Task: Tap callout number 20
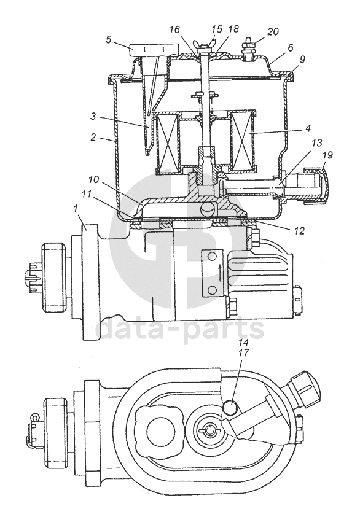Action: pos(273,32)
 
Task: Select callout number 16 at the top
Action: pos(174,29)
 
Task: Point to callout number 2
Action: pos(94,137)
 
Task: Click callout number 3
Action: pos(93,116)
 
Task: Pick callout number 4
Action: pos(308,128)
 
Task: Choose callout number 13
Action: pos(316,142)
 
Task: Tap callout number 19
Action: pos(328,155)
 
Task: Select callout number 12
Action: pos(299,231)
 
